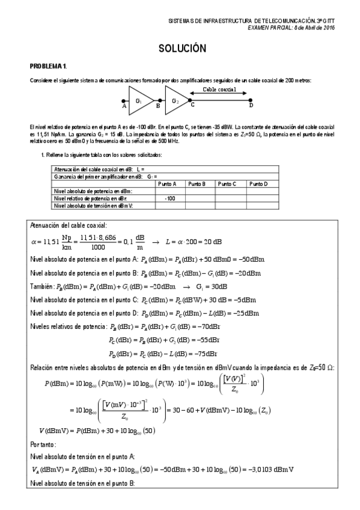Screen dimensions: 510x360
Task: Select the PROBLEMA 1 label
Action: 49,65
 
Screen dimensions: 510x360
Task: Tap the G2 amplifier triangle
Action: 175,100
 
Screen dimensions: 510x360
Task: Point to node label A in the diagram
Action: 124,106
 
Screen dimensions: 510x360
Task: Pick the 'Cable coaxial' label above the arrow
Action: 219,89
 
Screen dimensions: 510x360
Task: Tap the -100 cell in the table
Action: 169,198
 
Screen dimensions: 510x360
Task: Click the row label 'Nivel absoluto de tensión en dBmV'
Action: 93,205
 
